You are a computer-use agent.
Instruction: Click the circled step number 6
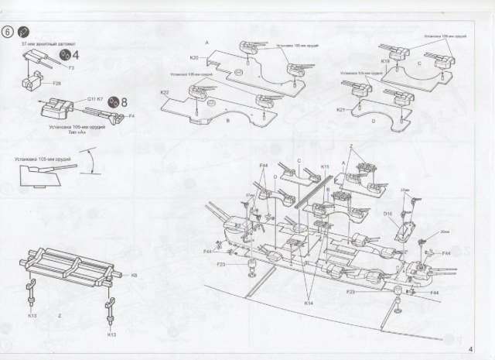9,33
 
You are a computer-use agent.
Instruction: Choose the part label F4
131,117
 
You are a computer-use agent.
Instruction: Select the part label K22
165,93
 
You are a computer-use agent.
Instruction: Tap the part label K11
325,166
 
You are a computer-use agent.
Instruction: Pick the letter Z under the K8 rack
59,317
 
